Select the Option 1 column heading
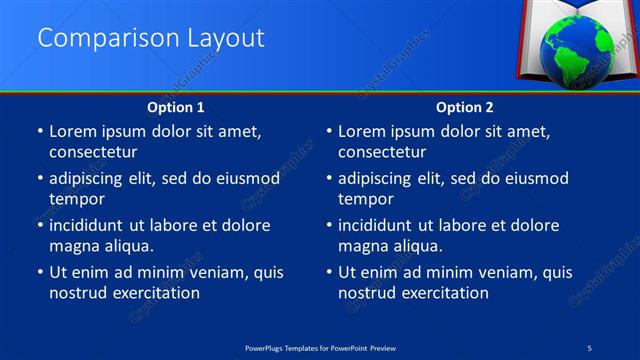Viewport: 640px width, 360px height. [176, 106]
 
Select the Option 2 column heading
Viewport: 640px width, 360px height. [465, 106]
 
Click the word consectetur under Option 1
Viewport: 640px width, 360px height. [93, 152]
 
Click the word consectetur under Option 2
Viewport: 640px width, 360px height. [383, 152]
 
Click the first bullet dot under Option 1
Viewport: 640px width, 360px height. [40, 132]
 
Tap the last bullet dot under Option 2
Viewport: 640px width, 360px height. [330, 272]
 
